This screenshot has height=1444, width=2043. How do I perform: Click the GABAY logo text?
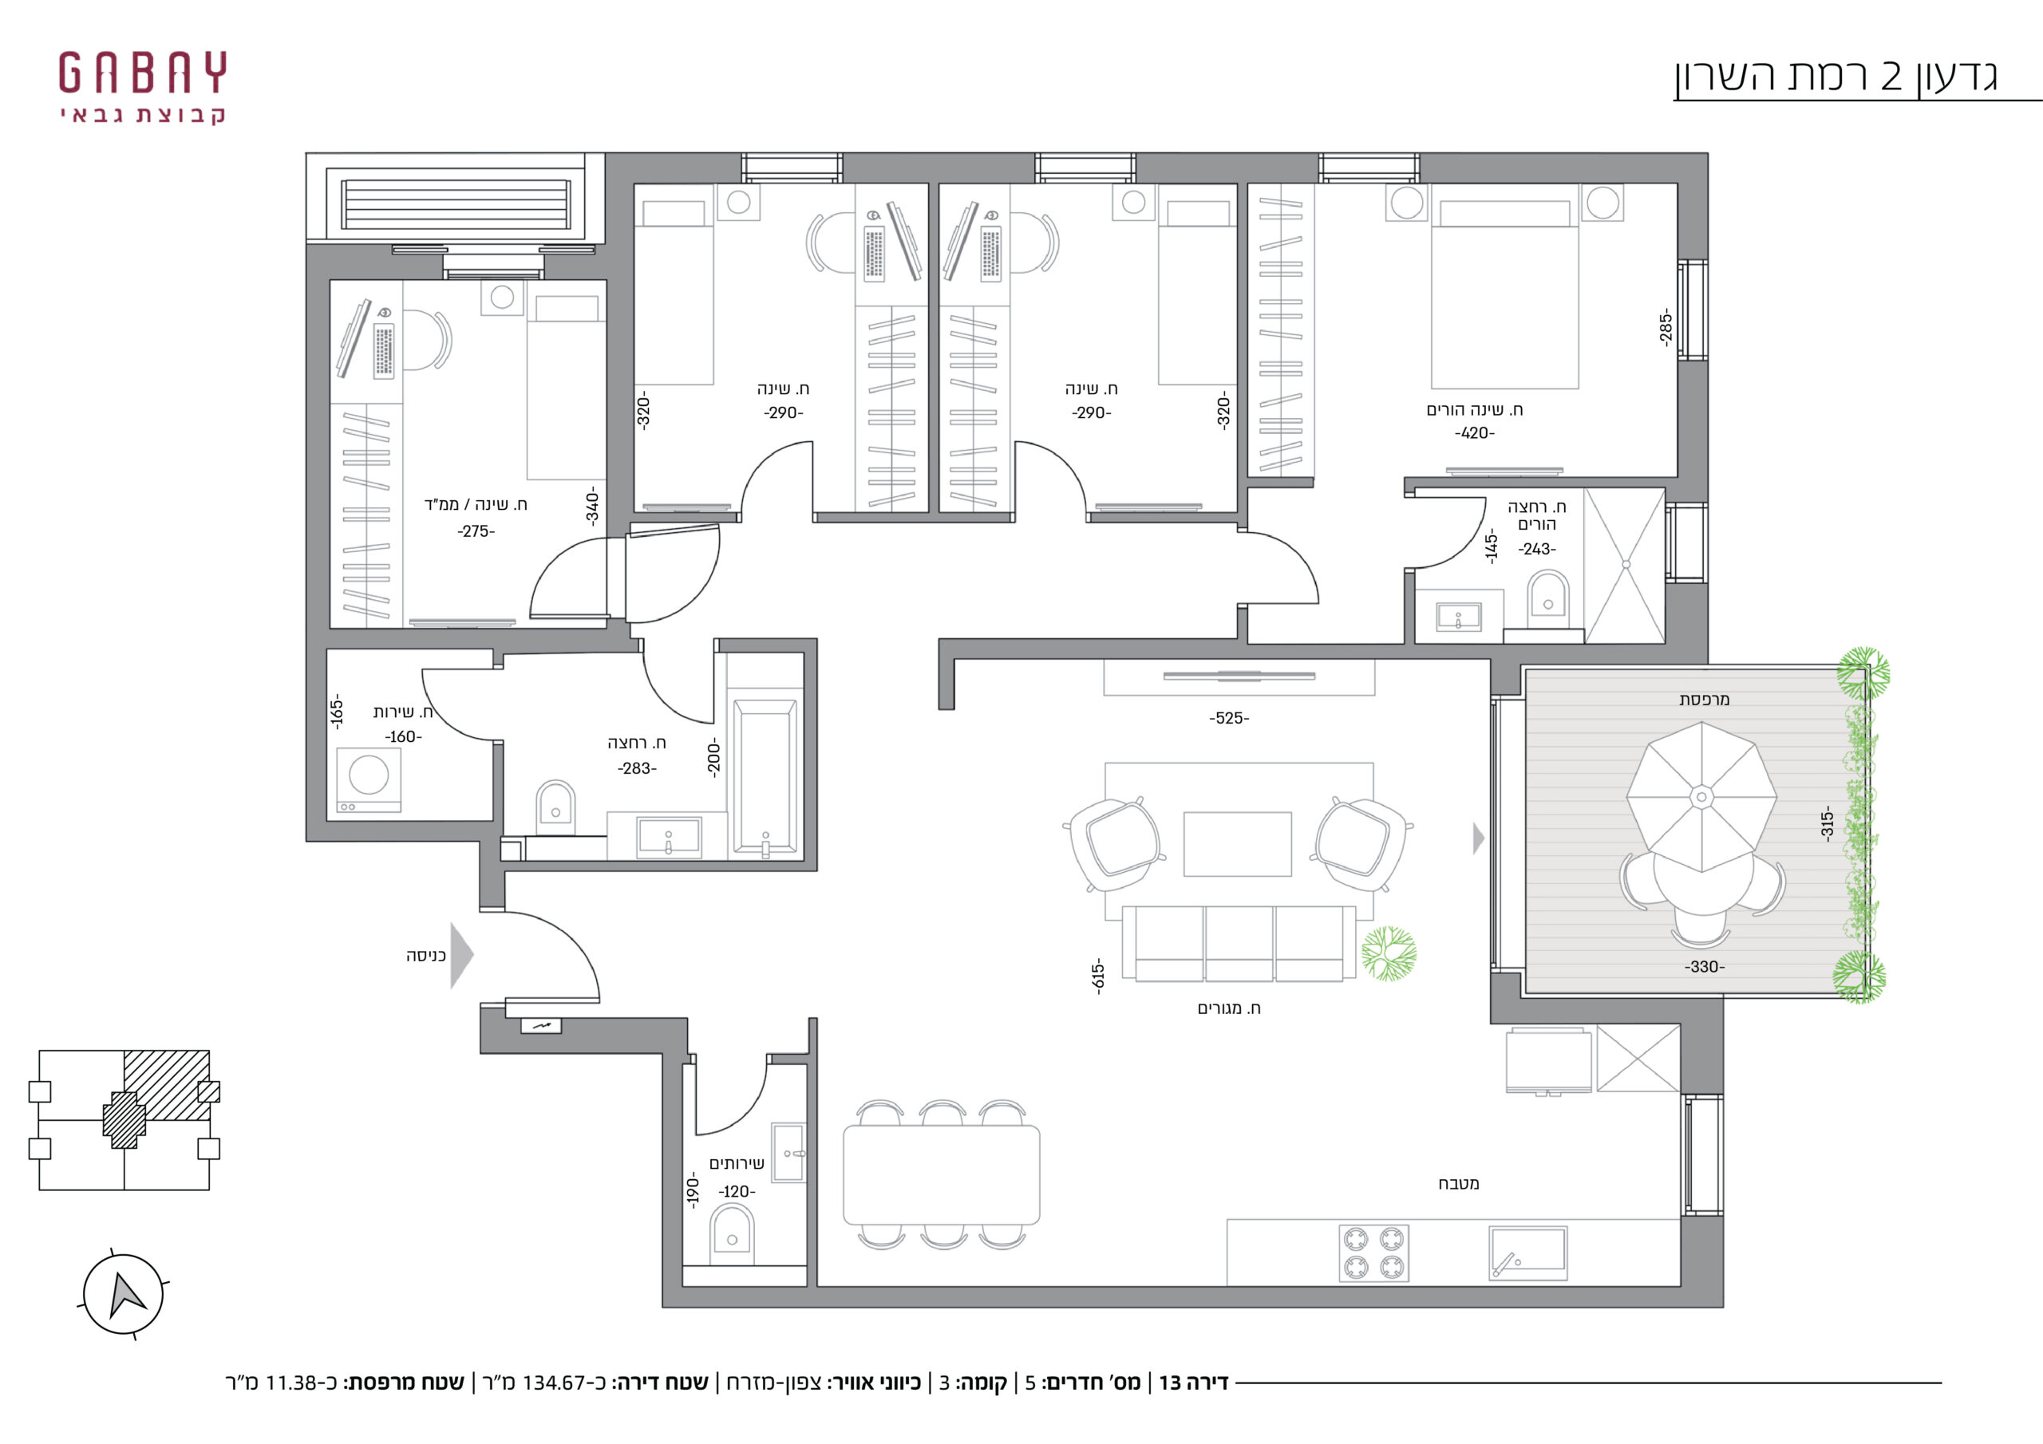point(142,72)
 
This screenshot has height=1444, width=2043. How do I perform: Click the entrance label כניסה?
point(425,956)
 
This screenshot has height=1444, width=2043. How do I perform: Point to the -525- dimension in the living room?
point(1229,718)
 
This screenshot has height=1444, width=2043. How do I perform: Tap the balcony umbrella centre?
point(1701,796)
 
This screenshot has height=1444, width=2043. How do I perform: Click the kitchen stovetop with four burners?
point(1374,1253)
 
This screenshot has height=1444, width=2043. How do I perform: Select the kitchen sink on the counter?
point(1527,1253)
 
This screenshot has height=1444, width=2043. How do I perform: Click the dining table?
point(942,1174)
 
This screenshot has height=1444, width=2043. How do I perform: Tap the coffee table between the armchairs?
point(1237,843)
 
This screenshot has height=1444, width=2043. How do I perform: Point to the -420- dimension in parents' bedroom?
point(1475,433)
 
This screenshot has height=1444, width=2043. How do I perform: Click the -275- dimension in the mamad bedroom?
point(476,531)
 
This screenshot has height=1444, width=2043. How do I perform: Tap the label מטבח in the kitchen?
point(1458,1183)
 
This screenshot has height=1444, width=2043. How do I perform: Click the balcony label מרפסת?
point(1704,700)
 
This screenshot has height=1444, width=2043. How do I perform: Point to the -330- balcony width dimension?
point(1704,967)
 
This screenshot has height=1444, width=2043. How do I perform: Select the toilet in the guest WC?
point(732,1233)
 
